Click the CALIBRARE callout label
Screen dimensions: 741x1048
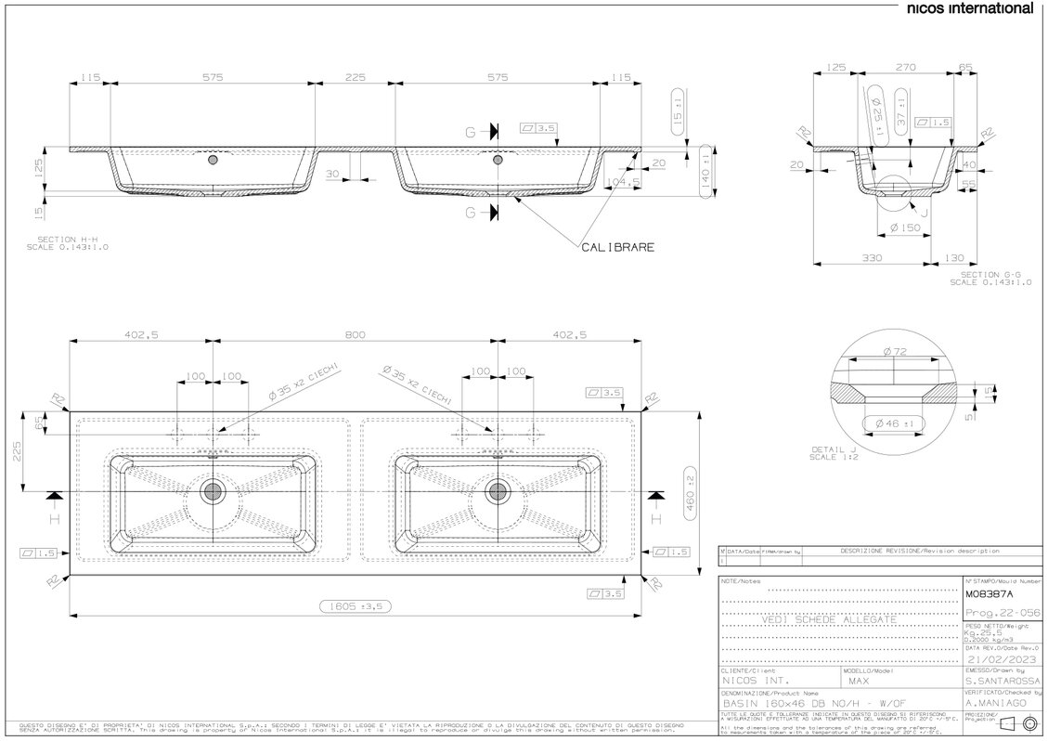coord(618,247)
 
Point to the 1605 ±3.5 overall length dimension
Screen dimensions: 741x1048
coord(356,606)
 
